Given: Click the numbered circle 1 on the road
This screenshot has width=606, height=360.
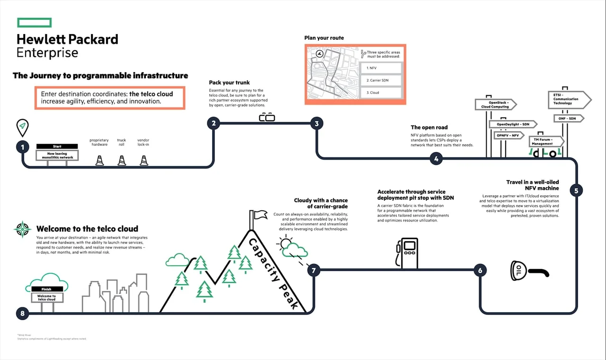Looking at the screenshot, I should click(22, 147).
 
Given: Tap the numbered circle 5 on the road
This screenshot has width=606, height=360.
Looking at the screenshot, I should click(576, 191).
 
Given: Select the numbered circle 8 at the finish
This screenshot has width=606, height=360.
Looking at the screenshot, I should click(22, 313).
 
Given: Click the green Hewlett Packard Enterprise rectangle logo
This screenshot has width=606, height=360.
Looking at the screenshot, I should click(34, 23).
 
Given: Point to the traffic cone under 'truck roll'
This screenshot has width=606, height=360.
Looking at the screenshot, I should click(122, 161).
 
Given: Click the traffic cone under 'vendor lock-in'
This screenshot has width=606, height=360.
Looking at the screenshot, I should click(144, 161).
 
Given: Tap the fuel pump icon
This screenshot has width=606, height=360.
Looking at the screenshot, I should click(407, 253).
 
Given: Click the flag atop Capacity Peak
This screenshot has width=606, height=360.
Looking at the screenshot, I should click(260, 215).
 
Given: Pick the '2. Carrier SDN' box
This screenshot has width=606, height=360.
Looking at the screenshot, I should click(380, 81).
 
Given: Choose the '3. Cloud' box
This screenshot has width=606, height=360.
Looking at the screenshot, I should click(380, 93).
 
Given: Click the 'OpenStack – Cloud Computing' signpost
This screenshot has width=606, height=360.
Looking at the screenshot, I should click(495, 105).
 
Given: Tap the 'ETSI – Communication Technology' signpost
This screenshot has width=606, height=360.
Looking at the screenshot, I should click(569, 100).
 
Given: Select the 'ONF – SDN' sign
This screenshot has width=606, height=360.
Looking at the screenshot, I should click(568, 118).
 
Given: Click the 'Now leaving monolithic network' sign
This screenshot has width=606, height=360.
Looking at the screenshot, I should click(57, 155).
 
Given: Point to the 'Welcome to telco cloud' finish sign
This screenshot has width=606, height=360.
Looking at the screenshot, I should click(46, 297).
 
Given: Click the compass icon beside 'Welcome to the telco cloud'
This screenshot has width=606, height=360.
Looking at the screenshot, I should click(22, 229).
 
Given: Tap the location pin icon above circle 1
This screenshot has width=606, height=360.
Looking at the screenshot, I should click(22, 126).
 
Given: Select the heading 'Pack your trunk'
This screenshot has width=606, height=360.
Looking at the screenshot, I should click(229, 82).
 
